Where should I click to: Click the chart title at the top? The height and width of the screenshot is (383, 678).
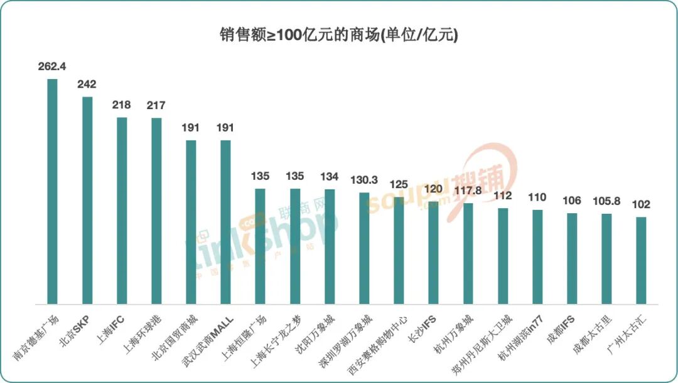(x=339, y=34)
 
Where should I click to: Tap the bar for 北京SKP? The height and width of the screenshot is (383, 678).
(x=87, y=200)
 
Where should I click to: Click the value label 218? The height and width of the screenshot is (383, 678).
(x=121, y=105)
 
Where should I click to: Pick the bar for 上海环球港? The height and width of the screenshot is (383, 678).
(x=156, y=211)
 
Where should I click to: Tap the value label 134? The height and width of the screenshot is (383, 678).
(x=329, y=177)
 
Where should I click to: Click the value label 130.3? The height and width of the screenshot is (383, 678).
(x=364, y=180)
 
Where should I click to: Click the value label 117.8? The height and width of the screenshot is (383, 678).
(x=468, y=191)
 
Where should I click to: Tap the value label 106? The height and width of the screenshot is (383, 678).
(x=571, y=201)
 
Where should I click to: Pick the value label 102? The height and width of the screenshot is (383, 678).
(x=641, y=204)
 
